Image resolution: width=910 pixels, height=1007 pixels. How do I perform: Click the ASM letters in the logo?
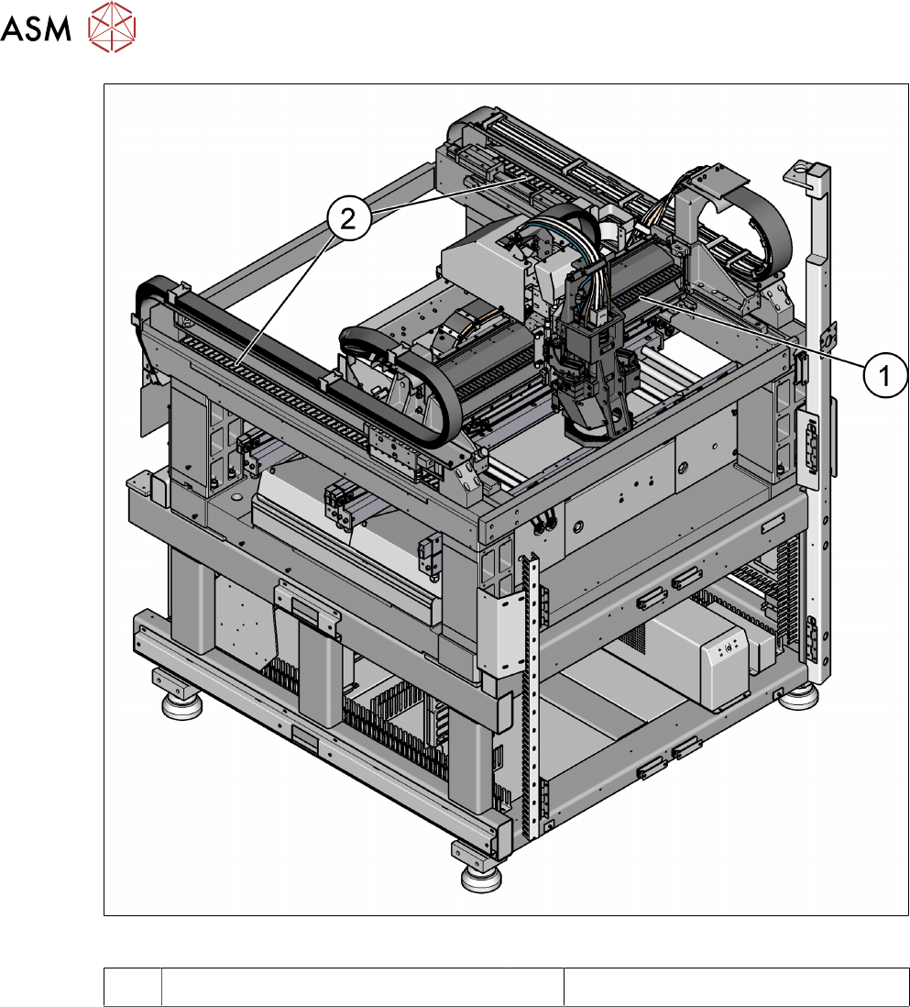pos(36,28)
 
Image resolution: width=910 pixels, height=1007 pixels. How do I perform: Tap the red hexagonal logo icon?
pos(113,27)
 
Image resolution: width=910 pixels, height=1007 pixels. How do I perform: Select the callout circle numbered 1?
pos(885,376)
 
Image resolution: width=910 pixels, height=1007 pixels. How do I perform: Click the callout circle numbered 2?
pos(348,219)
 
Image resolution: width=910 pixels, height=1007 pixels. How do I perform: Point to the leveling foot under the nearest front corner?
pos(482,878)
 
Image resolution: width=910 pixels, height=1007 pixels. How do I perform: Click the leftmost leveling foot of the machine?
pos(181,705)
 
